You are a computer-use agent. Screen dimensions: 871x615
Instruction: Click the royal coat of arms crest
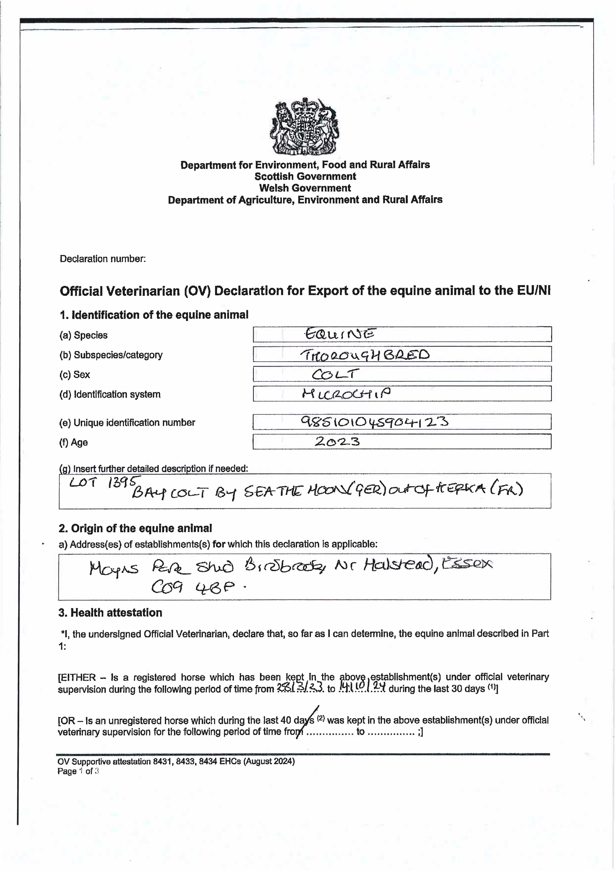[x=305, y=126]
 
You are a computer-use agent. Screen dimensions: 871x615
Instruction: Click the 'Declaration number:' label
[x=103, y=259]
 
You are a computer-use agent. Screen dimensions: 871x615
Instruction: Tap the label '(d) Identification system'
[x=110, y=394]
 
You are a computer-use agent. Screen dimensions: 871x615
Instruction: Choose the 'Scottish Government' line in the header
[x=305, y=176]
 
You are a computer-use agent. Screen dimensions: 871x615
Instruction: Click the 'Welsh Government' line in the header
[x=305, y=188]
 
